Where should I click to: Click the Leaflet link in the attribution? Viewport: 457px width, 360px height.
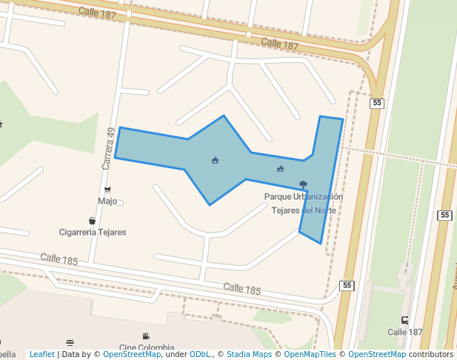(41, 355)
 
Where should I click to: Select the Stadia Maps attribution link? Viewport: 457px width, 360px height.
(249, 355)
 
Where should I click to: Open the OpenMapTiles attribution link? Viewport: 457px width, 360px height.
(305, 355)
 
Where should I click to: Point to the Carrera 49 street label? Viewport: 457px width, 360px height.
(108, 147)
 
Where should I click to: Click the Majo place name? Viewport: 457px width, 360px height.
(107, 201)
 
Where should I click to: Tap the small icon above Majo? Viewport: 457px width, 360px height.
(107, 190)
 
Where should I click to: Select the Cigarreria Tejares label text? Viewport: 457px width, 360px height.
(93, 233)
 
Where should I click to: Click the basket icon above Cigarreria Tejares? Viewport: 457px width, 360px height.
(92, 221)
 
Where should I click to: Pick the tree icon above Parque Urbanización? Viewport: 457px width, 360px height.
(303, 184)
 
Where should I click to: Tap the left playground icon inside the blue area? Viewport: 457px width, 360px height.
(215, 160)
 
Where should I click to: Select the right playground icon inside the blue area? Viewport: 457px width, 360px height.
(280, 169)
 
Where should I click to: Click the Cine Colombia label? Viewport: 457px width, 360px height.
(147, 347)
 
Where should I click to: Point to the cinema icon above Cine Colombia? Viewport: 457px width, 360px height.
(146, 336)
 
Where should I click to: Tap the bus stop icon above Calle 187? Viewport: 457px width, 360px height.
(404, 321)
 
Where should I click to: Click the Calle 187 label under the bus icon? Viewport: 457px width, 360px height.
(404, 332)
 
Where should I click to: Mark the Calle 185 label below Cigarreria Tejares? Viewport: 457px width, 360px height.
(59, 259)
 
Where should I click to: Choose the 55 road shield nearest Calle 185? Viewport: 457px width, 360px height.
(347, 285)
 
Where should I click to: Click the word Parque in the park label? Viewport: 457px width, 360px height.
(278, 197)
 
